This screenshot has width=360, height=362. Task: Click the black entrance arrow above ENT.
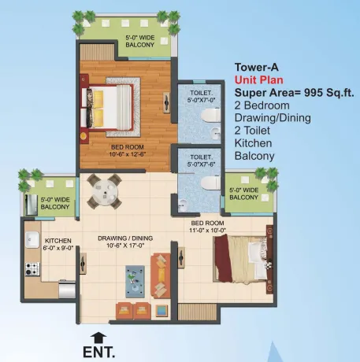pos(98,338)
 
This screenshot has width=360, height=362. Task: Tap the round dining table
pos(105,191)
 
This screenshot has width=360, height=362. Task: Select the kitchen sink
pos(32,239)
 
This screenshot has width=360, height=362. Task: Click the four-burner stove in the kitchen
pos(32,269)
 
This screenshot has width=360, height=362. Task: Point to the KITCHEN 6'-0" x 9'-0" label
pos(58,244)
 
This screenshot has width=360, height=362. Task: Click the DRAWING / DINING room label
pos(125,242)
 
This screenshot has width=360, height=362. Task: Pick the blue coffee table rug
pos(135,282)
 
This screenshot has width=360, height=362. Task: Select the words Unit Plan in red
pos(259,79)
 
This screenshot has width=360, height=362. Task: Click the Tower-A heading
pos(256,67)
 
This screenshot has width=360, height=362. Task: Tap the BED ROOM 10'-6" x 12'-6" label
pos(128,150)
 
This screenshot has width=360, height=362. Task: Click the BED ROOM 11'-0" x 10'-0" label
pos(207,227)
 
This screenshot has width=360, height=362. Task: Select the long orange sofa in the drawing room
pos(161,275)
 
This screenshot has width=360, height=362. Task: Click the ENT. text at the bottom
pos(99,352)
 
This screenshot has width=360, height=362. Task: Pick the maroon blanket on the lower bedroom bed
pos(223,258)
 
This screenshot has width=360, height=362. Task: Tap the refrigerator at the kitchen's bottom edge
pos(67,289)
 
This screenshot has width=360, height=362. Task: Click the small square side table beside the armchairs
pos(161,311)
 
